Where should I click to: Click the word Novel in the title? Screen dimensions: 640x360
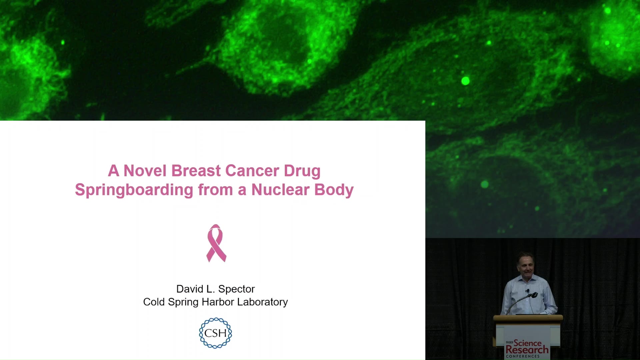[145, 171]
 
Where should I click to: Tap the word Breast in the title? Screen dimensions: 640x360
[196, 171]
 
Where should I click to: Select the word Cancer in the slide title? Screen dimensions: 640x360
[252, 171]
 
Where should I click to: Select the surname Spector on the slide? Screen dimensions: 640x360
[236, 289]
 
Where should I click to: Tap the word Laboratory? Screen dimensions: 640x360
[262, 302]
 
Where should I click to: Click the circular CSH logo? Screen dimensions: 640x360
[215, 333]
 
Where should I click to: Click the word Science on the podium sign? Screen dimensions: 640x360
[528, 343]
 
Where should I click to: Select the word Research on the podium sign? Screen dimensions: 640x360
[527, 350]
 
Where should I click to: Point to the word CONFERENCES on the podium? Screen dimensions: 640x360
[523, 356]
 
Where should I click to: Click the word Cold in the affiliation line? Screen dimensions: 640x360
[154, 302]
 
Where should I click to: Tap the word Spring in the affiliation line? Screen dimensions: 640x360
[183, 302]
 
